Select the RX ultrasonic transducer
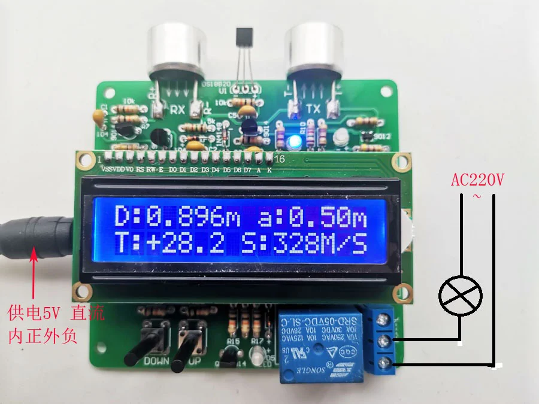[x=175, y=51]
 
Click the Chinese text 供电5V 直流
[x=55, y=313]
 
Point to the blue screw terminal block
[x=383, y=341]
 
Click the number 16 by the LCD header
[x=280, y=159]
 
